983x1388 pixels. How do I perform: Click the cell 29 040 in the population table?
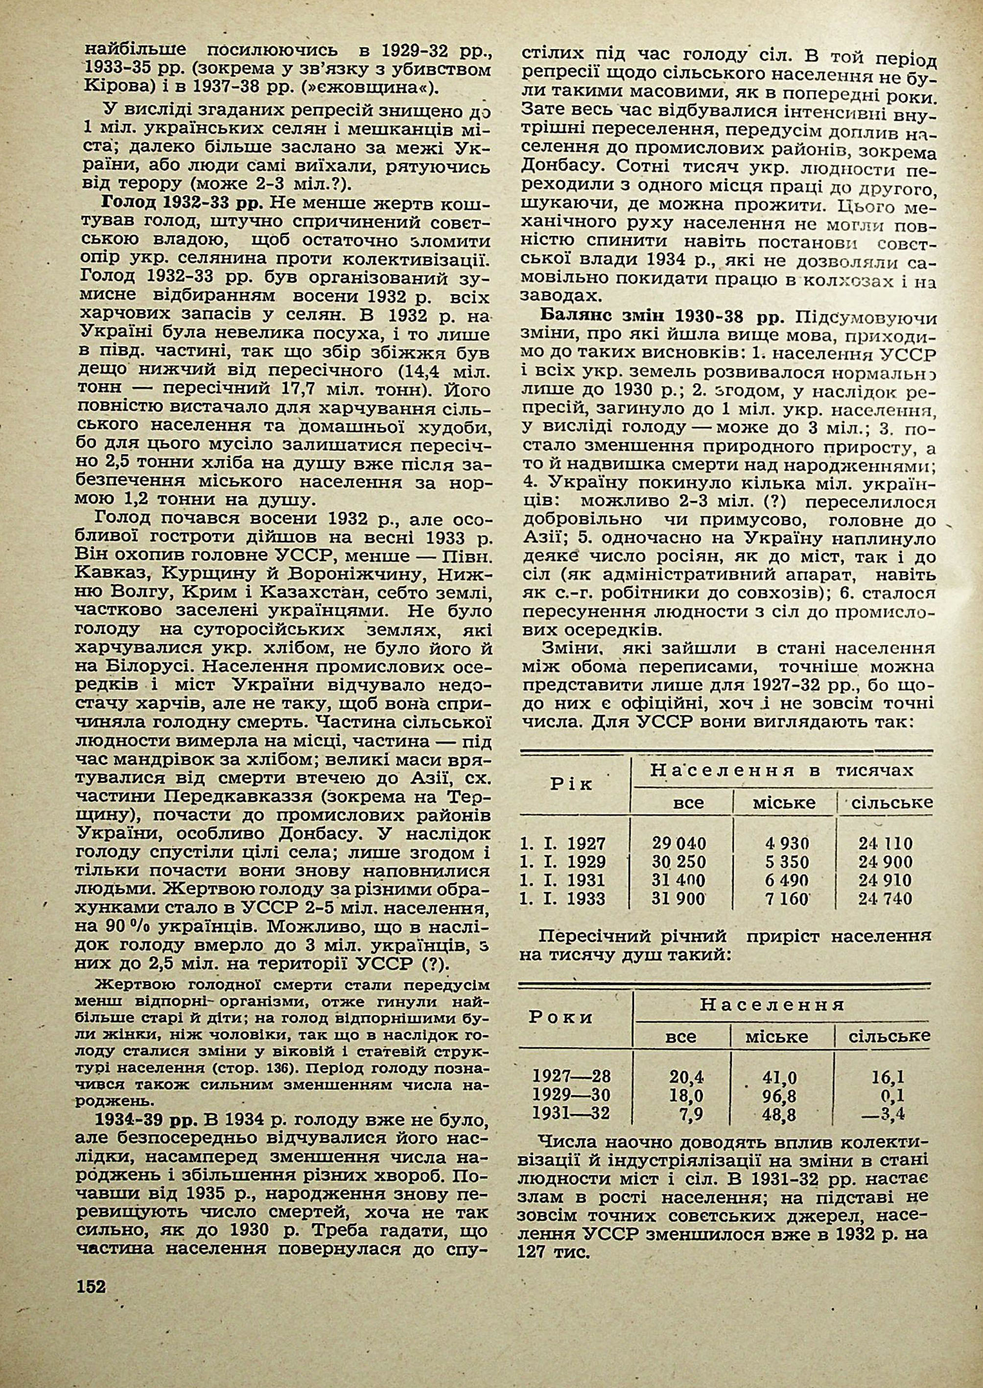[x=679, y=843]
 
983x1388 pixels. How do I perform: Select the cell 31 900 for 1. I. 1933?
[x=679, y=898]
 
